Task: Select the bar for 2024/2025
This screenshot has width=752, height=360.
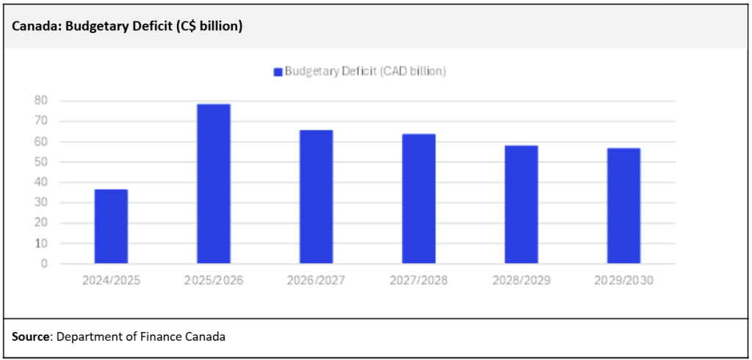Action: tap(111, 226)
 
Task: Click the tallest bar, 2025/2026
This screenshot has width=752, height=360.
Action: tap(214, 184)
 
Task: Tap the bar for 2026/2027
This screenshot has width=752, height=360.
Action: tap(316, 197)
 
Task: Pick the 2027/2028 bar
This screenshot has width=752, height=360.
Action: tap(419, 198)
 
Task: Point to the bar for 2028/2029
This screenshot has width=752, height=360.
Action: tap(521, 204)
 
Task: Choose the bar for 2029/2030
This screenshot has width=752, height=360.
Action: tap(623, 206)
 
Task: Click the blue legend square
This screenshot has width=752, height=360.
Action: tap(278, 71)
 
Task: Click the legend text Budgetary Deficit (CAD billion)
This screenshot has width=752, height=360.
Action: tap(365, 71)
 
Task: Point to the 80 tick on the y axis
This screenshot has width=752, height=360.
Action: tap(43, 101)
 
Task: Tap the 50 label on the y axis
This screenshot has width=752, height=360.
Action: tap(43, 162)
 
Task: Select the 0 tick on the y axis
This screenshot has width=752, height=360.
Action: tap(45, 263)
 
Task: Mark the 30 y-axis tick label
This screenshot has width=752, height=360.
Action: tap(43, 203)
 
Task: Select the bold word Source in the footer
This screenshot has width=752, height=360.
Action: tap(29, 337)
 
